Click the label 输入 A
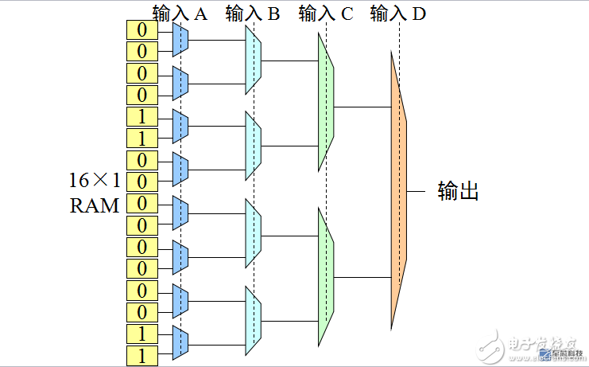pos(180,14)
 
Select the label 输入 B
pos(252,14)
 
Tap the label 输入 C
pos(326,14)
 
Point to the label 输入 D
pos(397,14)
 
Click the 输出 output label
pos(458,191)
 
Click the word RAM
pos(94,205)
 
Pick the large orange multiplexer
pos(398,191)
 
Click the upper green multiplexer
pos(326,103)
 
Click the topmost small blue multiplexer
pos(180,39)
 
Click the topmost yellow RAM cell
pos(142,29)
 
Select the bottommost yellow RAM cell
pos(142,355)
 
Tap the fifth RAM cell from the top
pos(142,116)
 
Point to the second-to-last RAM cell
pos(142,334)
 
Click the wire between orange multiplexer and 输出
pos(417,192)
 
